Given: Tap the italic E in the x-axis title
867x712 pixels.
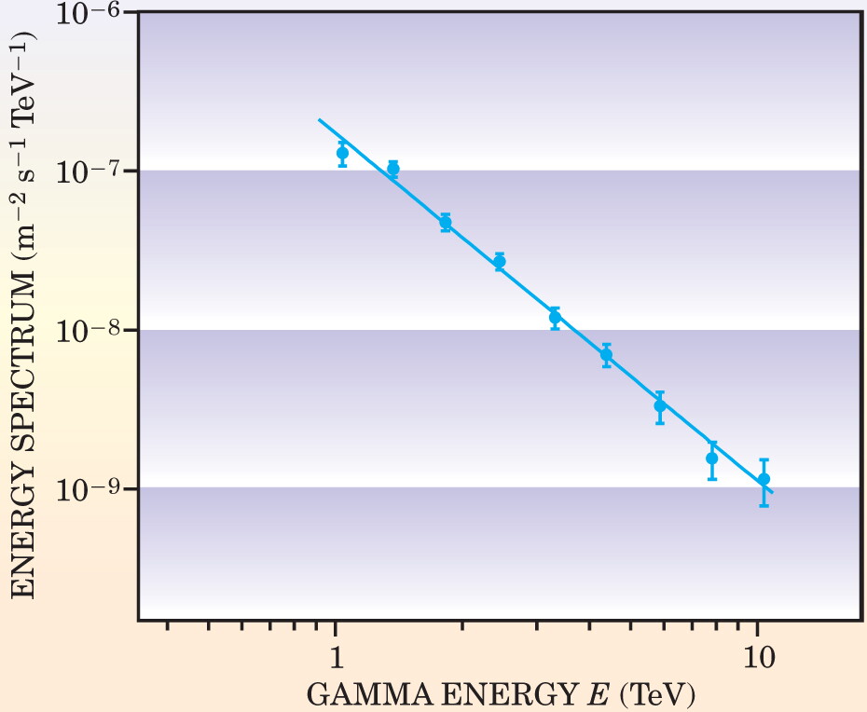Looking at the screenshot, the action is (x=599, y=694).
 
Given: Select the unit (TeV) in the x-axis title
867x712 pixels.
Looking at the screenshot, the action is (x=657, y=695).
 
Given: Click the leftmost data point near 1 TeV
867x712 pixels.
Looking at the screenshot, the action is (x=343, y=153).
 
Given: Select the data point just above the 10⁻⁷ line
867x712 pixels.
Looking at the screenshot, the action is (x=393, y=169).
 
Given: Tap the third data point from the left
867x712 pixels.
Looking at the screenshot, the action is (x=445, y=223).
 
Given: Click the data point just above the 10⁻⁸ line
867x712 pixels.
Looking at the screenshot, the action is (x=555, y=317).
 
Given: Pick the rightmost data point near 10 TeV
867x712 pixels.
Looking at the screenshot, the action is (x=764, y=479).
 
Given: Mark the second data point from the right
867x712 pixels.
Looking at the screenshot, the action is (x=712, y=459).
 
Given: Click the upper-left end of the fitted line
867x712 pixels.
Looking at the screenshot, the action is (x=319, y=119).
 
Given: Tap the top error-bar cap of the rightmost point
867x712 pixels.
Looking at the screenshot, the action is (x=764, y=459).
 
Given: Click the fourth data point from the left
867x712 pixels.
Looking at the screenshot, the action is (x=500, y=262).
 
